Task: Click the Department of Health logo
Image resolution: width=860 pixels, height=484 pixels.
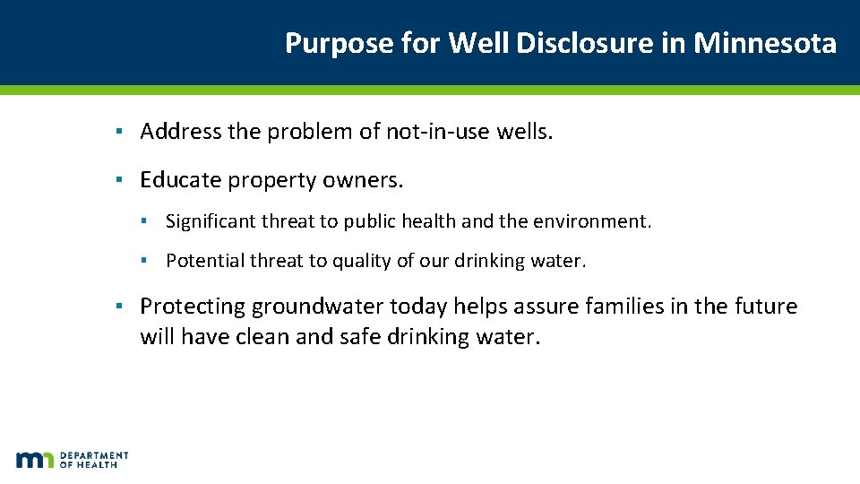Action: pos(72,460)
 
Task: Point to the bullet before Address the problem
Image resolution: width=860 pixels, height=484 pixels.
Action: pos(119,133)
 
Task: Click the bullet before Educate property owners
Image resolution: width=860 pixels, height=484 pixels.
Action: pos(119,180)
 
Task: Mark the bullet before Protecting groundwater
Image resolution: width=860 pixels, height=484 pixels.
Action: pos(119,307)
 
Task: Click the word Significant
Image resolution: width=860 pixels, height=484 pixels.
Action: pos(211,220)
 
